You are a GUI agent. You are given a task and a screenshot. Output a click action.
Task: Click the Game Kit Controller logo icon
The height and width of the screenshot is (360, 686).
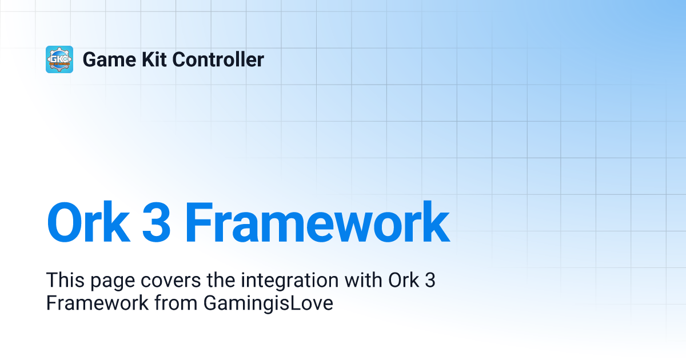[59, 59]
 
